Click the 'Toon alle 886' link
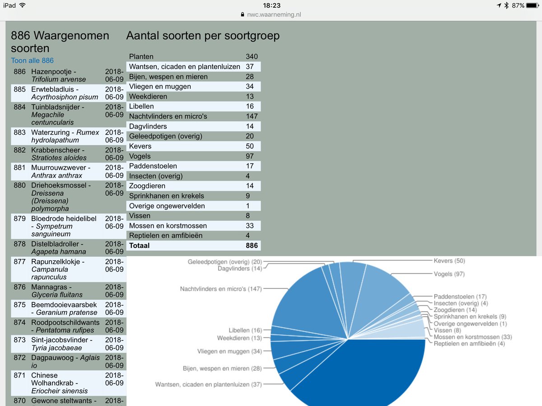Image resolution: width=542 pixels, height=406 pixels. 33,60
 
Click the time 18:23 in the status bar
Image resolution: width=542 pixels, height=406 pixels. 271,5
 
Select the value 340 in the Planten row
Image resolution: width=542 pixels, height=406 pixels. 252,57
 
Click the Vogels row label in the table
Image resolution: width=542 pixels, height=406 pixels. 140,156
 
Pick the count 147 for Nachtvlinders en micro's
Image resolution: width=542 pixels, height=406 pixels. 252,116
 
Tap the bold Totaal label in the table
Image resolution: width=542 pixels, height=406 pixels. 139,245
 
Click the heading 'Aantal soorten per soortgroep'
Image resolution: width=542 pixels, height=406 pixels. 203,36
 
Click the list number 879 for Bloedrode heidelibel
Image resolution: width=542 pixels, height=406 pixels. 19,219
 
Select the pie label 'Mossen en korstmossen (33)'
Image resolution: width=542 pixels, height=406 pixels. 472,337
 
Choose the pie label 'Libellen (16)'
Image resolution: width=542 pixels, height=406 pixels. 245,331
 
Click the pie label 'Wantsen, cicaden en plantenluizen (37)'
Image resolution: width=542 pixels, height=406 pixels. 208,384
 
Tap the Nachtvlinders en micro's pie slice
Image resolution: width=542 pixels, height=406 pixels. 307,302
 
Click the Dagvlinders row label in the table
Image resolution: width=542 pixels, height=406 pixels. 148,126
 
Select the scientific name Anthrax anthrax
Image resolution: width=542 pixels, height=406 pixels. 57,175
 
